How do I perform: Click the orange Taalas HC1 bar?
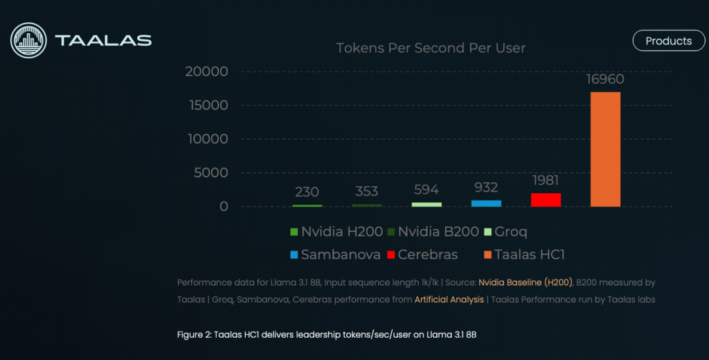coord(605,150)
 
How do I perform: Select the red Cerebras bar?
coord(546,200)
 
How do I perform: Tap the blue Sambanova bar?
coord(486,204)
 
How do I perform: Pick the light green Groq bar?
coord(427,204)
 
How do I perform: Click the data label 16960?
coord(605,79)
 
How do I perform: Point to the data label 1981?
coord(546,181)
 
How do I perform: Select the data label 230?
coord(307,192)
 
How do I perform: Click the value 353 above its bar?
coord(366,191)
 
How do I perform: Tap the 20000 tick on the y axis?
coord(206,71)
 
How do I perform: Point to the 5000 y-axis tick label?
coord(210,173)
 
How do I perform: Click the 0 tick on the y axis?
coord(224,207)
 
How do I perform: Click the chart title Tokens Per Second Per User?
coord(431,48)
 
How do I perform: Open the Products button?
coord(669,41)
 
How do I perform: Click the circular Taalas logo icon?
coord(28,40)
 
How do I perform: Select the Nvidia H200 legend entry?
coord(336,231)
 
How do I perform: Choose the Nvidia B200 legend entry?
coord(433,231)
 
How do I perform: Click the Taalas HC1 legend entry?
coord(525,255)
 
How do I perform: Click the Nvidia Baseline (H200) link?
coord(526,282)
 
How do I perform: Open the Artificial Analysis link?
coord(449,300)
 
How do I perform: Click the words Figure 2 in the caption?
coord(194,335)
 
